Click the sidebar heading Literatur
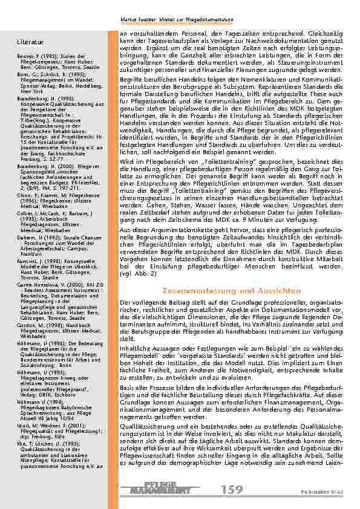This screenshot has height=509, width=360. pos(31,42)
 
